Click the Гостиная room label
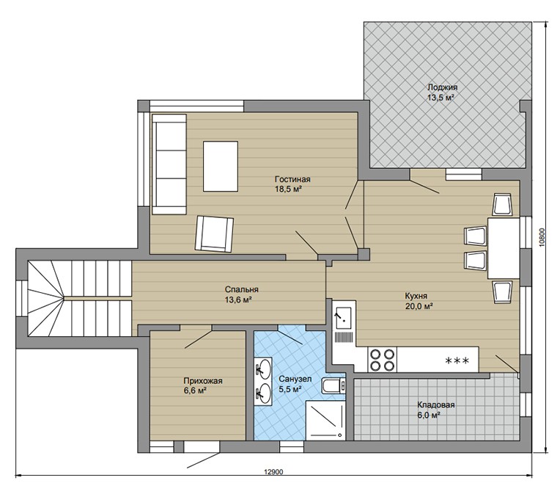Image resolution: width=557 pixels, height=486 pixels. pos(292,179)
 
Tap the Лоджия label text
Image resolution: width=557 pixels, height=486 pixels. pos(442,87)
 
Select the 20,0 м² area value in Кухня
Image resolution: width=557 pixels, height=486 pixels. pos(419,306)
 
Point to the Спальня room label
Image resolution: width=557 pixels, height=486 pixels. pos(242,289)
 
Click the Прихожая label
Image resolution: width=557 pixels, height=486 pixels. pos(203,381)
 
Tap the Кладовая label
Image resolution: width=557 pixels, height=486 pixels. pos(436,405)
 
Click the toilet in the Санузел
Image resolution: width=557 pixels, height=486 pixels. pos(333,385)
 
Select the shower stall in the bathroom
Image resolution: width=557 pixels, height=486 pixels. pos(325,420)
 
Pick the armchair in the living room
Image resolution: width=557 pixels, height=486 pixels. pos(214,234)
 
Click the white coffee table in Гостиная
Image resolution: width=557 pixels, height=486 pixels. pos(221,166)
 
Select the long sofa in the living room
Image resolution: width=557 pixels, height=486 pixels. pos(169,164)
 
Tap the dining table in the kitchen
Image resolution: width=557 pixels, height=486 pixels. pos(503,247)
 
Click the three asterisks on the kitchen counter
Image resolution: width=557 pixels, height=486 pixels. pos(457,360)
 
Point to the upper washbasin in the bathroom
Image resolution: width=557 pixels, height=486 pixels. pos(264,368)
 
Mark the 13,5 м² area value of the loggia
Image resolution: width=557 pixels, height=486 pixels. pos(441,97)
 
